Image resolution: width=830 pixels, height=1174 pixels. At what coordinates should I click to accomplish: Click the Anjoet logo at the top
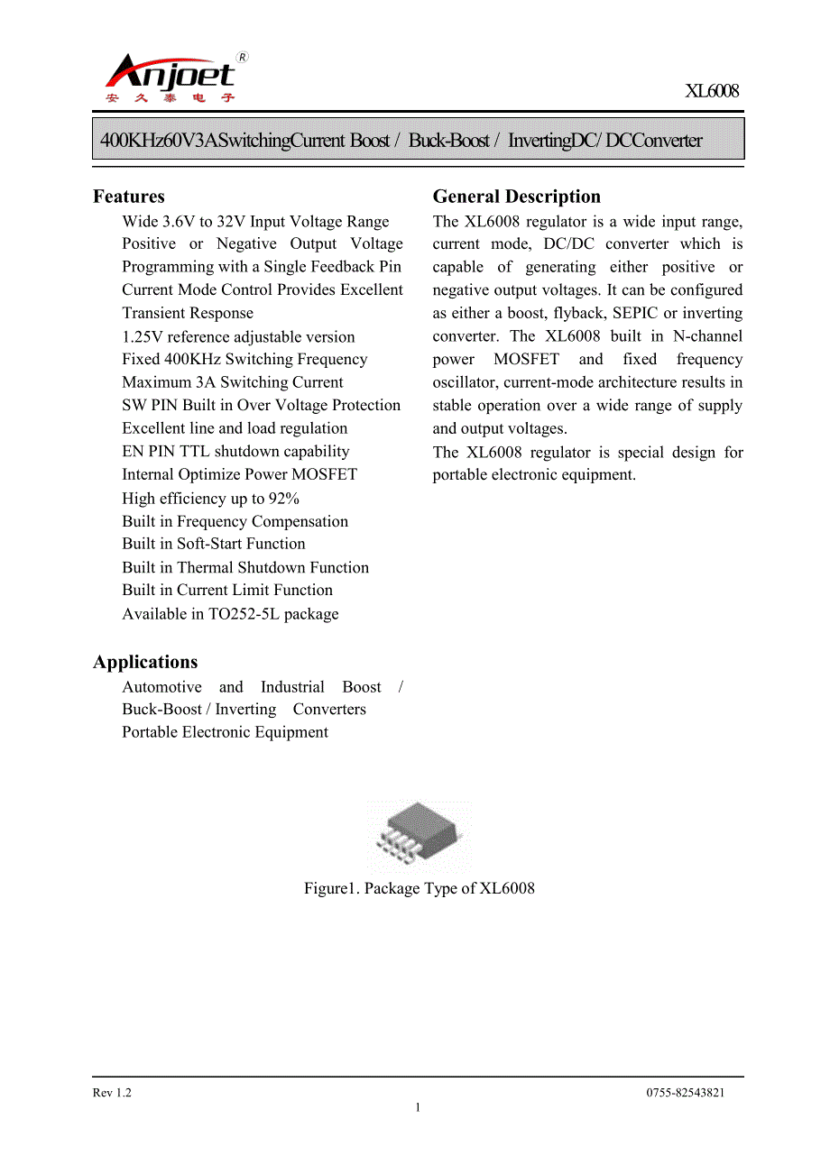pyautogui.click(x=171, y=78)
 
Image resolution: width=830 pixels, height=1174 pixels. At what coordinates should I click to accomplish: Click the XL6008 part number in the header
pyautogui.click(x=711, y=91)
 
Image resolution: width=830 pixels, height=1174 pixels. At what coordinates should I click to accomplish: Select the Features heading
pyautogui.click(x=129, y=197)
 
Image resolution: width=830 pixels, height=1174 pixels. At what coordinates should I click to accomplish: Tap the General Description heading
pyautogui.click(x=516, y=197)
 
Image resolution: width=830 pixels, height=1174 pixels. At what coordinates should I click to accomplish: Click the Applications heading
pyautogui.click(x=145, y=662)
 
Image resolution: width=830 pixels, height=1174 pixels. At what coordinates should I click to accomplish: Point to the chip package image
pyautogui.click(x=418, y=838)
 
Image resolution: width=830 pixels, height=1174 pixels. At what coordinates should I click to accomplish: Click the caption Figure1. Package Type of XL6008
pyautogui.click(x=419, y=888)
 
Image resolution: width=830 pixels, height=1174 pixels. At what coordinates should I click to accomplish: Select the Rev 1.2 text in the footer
pyautogui.click(x=112, y=1093)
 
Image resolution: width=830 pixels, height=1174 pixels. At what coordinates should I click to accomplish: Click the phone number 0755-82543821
pyautogui.click(x=685, y=1093)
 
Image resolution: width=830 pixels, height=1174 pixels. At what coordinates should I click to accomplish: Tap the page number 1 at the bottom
pyautogui.click(x=418, y=1107)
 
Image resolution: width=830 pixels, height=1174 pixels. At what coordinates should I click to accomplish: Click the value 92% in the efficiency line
pyautogui.click(x=284, y=499)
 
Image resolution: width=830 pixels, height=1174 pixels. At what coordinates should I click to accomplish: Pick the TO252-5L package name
pyautogui.click(x=244, y=614)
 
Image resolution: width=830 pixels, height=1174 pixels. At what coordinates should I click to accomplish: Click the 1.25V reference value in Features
pyautogui.click(x=143, y=336)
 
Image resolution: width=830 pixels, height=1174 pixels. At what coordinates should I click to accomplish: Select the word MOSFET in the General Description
pyautogui.click(x=526, y=359)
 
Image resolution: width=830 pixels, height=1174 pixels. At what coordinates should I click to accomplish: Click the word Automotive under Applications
pyautogui.click(x=161, y=686)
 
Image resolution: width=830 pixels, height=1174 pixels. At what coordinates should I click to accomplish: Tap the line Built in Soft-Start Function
pyautogui.click(x=214, y=544)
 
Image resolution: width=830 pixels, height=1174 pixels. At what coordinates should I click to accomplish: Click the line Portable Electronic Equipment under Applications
pyautogui.click(x=225, y=732)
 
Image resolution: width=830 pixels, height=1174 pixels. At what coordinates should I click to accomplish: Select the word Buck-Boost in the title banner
pyautogui.click(x=448, y=140)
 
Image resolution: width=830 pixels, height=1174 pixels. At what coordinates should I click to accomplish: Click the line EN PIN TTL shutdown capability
pyautogui.click(x=235, y=452)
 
